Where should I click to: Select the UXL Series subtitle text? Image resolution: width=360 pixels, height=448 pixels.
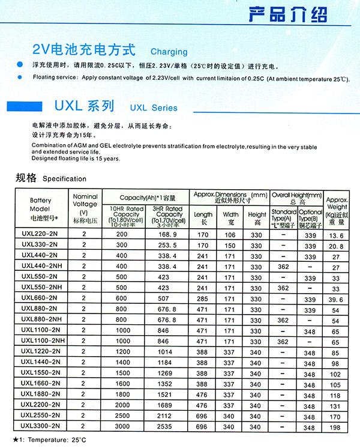154,108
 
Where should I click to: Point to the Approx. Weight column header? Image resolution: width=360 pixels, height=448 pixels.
337,210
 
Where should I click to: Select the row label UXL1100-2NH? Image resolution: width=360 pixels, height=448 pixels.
43,341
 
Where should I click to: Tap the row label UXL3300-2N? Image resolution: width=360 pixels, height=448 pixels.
41,426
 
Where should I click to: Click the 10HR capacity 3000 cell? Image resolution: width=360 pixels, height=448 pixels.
122,426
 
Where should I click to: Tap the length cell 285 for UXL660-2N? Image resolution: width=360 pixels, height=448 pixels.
203,298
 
